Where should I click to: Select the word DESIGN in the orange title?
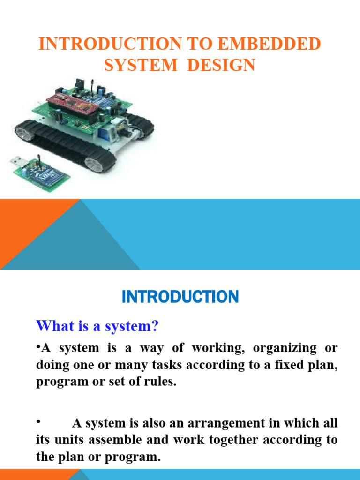click(x=221, y=65)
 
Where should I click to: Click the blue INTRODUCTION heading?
click(x=180, y=296)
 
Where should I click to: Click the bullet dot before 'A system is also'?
click(x=38, y=422)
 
